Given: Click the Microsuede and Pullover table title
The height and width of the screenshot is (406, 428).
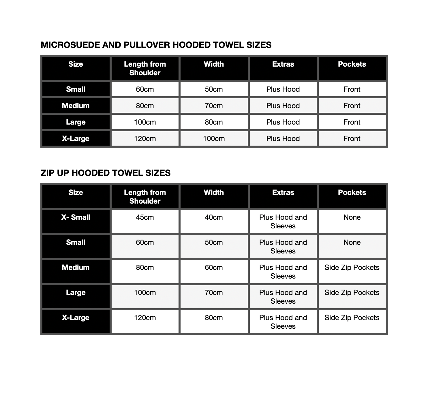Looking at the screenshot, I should pyautogui.click(x=156, y=45).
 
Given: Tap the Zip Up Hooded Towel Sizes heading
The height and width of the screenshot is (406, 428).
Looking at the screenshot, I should pyautogui.click(x=106, y=173).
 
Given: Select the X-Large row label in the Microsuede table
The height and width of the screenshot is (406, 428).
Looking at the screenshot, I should pyautogui.click(x=76, y=139).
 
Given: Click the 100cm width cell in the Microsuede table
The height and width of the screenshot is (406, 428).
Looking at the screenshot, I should pyautogui.click(x=214, y=139).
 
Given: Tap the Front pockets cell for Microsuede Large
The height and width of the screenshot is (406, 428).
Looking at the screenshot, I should pyautogui.click(x=352, y=122).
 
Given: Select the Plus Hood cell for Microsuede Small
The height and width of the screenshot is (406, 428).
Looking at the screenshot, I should pyautogui.click(x=283, y=89).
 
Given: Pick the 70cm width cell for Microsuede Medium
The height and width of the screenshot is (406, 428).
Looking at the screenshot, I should pyautogui.click(x=214, y=106).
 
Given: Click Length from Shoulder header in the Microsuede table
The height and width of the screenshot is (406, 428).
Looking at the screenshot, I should pyautogui.click(x=145, y=69).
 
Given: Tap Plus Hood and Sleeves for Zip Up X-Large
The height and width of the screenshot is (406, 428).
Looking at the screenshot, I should pyautogui.click(x=283, y=322).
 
